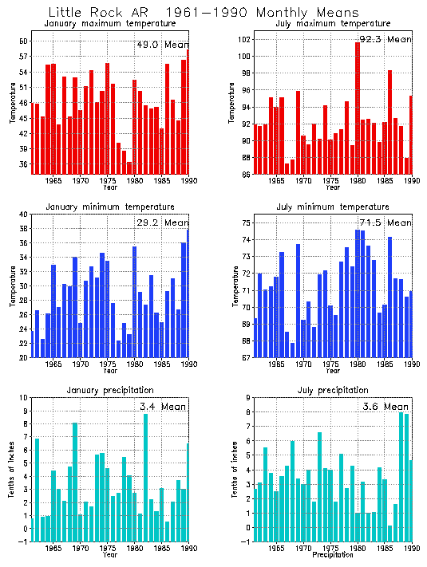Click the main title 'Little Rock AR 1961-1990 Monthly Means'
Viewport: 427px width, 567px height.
(x=203, y=13)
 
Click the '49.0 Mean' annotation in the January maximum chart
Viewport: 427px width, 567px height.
(x=162, y=45)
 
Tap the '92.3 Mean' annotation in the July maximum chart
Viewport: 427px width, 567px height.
(x=385, y=39)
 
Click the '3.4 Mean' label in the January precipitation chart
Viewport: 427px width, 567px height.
(x=162, y=407)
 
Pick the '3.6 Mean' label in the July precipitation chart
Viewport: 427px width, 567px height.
(x=385, y=407)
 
